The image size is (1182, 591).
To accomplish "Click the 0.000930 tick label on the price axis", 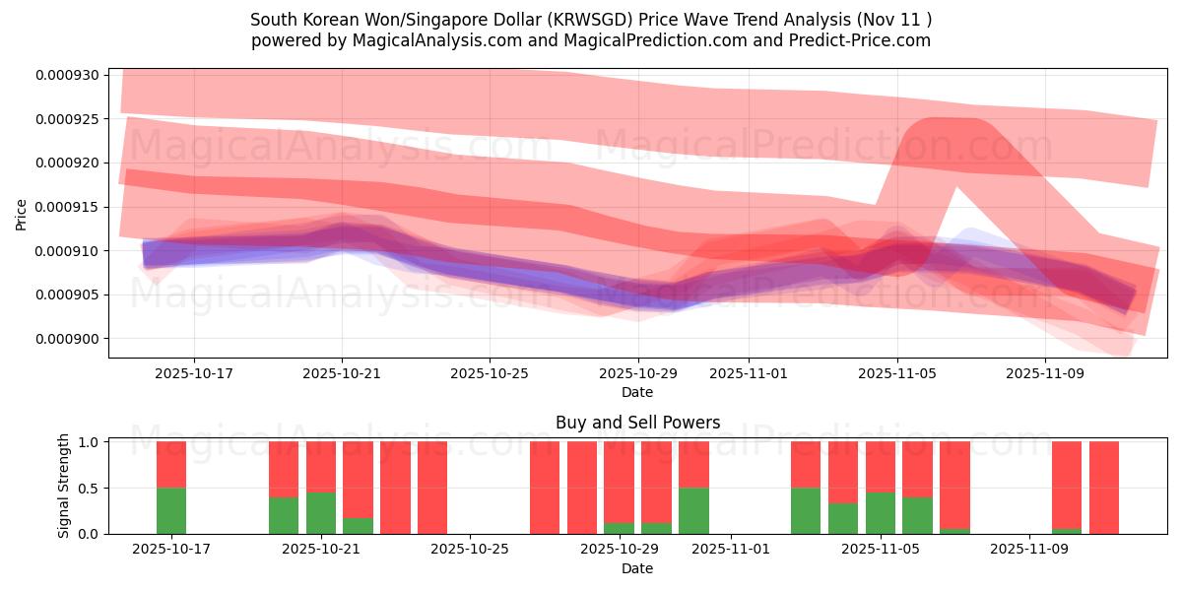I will point(67,76).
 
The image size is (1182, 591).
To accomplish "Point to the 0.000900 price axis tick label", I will point(67,340).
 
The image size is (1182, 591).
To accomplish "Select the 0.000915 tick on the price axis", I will point(67,207).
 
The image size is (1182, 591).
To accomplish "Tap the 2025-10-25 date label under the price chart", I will point(490,374).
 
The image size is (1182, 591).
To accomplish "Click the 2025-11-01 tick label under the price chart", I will point(748,374).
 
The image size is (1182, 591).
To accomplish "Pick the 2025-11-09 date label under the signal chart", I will point(1028,550).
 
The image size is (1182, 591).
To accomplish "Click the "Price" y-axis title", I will point(22,214).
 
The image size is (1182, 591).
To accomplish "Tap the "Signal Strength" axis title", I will point(64,486).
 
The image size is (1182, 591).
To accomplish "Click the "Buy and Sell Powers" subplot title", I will point(637,423).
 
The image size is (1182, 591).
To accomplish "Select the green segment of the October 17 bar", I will point(171,510).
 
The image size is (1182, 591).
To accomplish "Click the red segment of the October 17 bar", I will point(171,464).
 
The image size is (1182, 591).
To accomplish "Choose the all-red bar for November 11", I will point(1104,488).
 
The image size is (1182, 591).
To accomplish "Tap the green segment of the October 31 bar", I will point(693,510).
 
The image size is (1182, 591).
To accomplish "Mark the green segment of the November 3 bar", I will point(806,510).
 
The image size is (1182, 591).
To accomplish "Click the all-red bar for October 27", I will point(545,488).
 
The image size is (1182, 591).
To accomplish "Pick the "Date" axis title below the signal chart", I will point(637,568).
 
